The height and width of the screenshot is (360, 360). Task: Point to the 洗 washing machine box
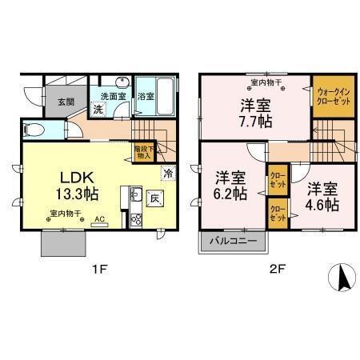coord(97,109)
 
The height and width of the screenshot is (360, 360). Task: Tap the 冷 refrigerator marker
coord(168,172)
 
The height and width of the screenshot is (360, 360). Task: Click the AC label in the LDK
coord(100,218)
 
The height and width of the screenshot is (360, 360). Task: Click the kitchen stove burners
coord(134,218)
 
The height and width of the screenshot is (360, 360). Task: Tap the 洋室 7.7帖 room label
coord(252,113)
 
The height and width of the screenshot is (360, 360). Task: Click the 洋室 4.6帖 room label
coord(320,196)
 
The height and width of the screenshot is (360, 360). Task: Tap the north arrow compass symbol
coord(340,278)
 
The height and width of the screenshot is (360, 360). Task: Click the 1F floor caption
coord(98,270)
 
